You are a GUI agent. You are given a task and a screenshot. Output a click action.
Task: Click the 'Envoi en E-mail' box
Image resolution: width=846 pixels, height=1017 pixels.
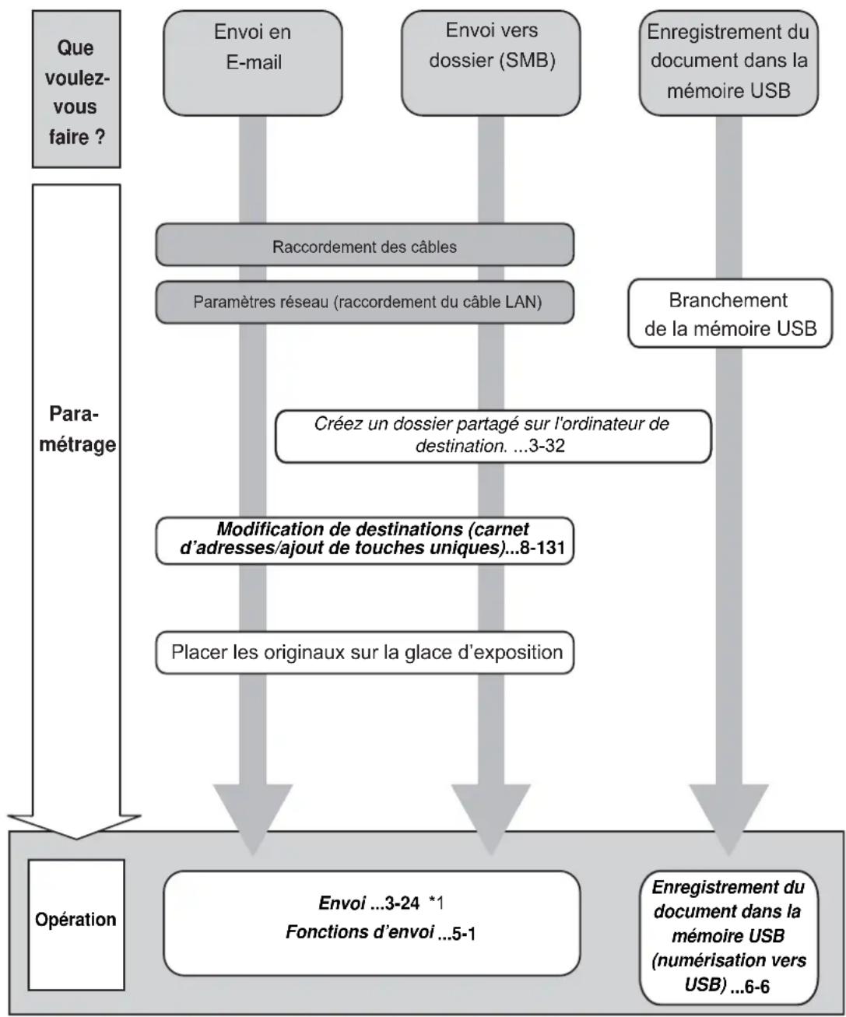tap(252, 63)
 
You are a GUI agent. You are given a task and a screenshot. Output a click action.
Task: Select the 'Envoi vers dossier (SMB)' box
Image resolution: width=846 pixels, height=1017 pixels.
tap(491, 63)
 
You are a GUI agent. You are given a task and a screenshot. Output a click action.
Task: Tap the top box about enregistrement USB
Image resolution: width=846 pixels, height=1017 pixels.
tap(728, 63)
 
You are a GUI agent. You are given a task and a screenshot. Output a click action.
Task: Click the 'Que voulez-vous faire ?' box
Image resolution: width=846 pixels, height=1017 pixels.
tap(76, 89)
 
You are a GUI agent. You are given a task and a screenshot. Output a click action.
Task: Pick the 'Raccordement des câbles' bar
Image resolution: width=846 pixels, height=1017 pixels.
tap(364, 245)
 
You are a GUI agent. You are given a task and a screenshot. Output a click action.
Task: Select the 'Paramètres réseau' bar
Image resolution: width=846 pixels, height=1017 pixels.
tap(364, 302)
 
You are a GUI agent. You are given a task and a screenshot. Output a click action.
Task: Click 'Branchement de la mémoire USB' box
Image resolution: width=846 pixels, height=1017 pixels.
tap(729, 313)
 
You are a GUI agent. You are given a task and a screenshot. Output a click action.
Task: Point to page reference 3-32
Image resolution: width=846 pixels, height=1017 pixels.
tap(547, 446)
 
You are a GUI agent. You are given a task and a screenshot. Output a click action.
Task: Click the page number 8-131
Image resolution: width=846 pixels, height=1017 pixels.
tap(542, 548)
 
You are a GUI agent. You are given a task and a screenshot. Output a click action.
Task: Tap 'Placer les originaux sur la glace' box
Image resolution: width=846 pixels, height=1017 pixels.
tap(364, 653)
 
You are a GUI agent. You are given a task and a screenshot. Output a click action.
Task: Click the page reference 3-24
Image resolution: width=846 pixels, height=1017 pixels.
tap(402, 903)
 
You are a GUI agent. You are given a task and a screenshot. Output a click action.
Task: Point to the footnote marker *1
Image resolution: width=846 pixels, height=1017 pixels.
tap(436, 903)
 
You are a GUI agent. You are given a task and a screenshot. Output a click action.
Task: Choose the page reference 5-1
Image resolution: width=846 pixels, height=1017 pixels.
tap(464, 934)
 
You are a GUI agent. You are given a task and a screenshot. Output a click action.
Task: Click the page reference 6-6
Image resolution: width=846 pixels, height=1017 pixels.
tap(756, 987)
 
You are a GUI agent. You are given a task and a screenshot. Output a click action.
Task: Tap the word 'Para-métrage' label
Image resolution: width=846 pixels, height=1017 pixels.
tap(77, 429)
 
